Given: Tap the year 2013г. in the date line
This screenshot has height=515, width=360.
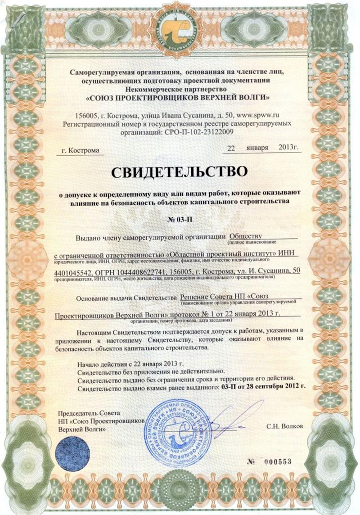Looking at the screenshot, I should pos(288,147).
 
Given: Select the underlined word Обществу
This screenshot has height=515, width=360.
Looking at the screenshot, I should pos(245,235).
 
